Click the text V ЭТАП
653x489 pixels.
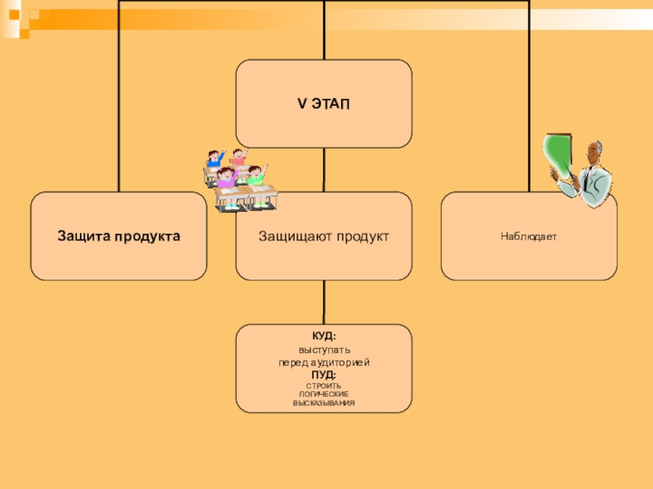click(324, 104)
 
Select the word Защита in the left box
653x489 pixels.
click(82, 236)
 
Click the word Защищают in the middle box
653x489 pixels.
click(291, 236)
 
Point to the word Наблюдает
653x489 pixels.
click(529, 236)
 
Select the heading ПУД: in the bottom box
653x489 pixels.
click(324, 374)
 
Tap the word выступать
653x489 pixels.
click(324, 350)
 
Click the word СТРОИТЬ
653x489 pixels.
click(324, 385)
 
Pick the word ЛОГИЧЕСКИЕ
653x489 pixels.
click(324, 394)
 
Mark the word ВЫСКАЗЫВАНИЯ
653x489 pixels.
click(324, 403)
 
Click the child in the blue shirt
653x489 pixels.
click(215, 159)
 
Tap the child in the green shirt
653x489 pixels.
click(256, 176)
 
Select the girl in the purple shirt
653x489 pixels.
click(226, 179)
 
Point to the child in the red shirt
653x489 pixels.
click(238, 156)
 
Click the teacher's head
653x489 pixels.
click(594, 152)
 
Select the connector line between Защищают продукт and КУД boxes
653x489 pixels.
click(324, 302)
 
